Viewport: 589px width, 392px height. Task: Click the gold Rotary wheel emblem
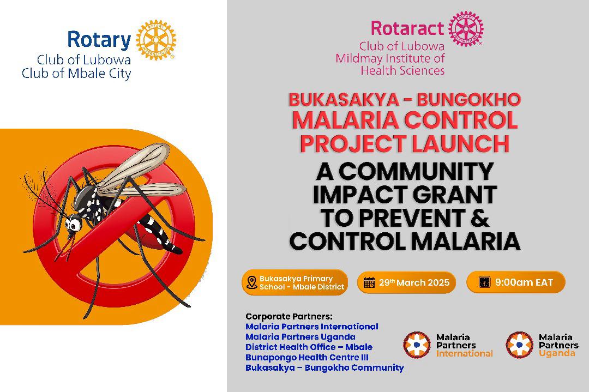[155, 40]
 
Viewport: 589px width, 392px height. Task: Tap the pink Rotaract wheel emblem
[466, 29]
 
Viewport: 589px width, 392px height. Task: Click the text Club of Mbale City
[76, 73]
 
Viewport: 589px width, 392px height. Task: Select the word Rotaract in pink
[407, 28]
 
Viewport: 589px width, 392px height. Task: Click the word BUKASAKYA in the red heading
[344, 100]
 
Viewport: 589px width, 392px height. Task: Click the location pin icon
[251, 282]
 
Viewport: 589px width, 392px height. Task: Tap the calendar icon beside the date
[369, 282]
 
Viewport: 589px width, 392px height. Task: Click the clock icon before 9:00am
[485, 282]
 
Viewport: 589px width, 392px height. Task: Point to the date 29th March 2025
[414, 282]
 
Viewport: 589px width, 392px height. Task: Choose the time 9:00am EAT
[524, 282]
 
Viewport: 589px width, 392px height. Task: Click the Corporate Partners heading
[289, 316]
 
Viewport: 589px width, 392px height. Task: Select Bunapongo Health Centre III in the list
[307, 357]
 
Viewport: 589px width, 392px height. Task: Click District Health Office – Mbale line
[309, 347]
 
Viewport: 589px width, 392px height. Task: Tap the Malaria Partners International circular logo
[417, 345]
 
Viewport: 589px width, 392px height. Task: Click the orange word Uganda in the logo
[557, 353]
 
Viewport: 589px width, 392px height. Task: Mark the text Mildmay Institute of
[390, 58]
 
